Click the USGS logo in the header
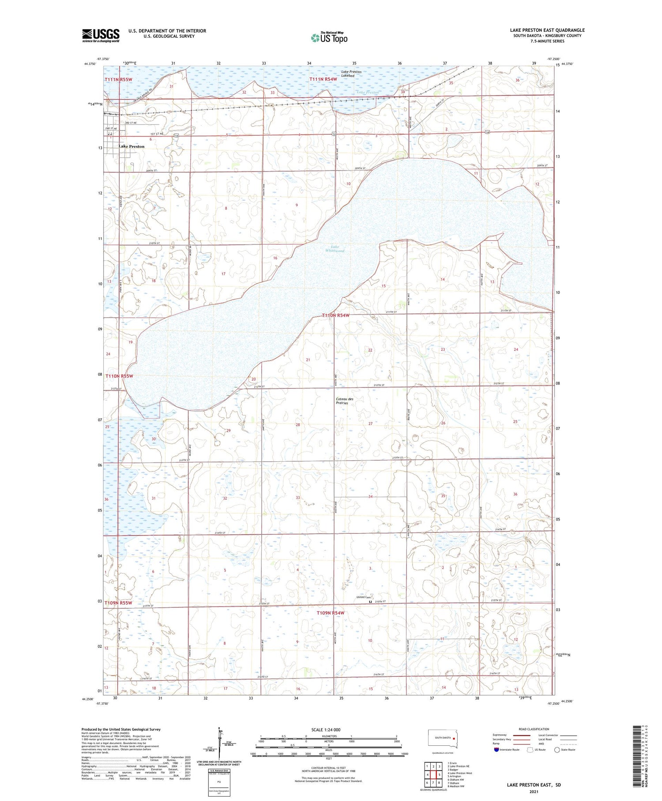coord(101,35)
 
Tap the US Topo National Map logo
coord(329,38)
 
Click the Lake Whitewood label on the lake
coord(335,249)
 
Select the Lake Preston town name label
coord(131,146)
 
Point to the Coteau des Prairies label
coord(344,401)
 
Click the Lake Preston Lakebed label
coord(351,74)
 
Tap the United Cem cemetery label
coord(364,597)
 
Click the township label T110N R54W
coord(335,315)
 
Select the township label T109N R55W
coord(118,603)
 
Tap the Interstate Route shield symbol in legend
coord(496,750)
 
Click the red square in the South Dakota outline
coord(453,737)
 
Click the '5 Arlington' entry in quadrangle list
coord(455,776)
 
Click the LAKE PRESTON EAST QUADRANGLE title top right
coord(547,30)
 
